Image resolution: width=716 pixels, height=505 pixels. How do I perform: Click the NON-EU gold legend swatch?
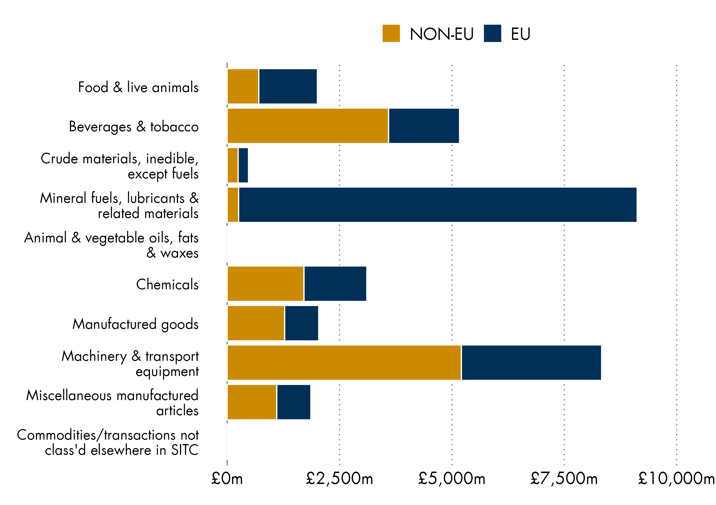[391, 33]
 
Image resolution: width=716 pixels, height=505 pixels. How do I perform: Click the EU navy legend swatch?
[492, 33]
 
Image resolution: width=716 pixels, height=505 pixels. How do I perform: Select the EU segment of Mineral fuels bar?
[437, 205]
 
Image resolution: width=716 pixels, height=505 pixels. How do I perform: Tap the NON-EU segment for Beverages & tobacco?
[308, 126]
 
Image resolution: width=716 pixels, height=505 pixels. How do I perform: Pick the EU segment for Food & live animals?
[288, 86]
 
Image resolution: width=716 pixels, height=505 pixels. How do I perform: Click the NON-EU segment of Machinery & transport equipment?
[344, 363]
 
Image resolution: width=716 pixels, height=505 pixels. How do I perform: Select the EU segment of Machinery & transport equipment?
[531, 363]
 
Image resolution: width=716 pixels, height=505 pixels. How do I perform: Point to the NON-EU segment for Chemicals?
[265, 283]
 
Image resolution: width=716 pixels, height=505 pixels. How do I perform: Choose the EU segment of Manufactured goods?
[302, 323]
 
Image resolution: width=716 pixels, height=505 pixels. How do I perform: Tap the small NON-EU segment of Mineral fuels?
[233, 205]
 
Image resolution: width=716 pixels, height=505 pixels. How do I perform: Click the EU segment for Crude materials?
[243, 165]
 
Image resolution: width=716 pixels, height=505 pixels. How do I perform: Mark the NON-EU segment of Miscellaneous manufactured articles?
[252, 402]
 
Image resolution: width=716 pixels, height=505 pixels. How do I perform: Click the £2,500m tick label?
[339, 479]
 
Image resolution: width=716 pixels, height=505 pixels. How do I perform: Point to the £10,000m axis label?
[676, 479]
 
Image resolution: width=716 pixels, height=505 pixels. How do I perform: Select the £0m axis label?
[227, 479]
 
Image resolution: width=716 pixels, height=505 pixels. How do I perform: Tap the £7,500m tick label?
[564, 479]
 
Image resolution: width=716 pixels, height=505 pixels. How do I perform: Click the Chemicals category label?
[167, 284]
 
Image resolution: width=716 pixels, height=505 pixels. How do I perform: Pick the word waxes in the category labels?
[179, 253]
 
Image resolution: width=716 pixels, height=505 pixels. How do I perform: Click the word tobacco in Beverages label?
[174, 127]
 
